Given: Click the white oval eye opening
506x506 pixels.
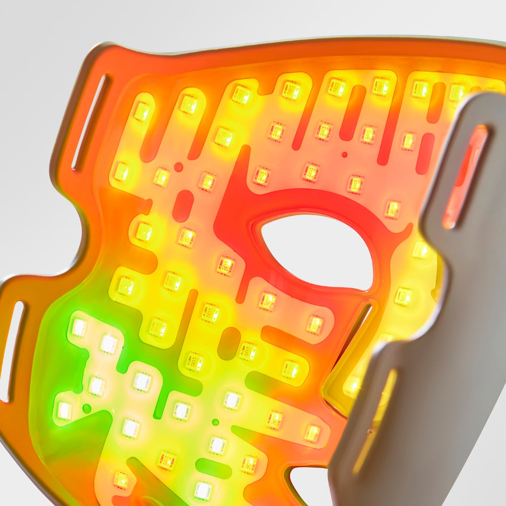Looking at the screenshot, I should (x=316, y=251).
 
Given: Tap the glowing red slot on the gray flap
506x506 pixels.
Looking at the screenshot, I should (x=466, y=177).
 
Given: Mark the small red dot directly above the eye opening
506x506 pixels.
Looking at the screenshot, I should (x=345, y=155).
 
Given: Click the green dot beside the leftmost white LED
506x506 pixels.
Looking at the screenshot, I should (x=86, y=408).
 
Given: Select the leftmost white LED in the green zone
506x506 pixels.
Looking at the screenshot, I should (x=64, y=410).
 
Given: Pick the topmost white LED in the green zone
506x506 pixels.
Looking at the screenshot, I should (x=79, y=327).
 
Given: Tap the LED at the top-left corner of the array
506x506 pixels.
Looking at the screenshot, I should (x=142, y=110).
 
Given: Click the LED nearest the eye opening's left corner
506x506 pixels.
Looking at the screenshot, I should (x=226, y=266).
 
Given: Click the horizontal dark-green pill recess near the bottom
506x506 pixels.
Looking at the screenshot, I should (x=213, y=468).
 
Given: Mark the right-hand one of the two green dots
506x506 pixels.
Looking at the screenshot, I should (x=215, y=422).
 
